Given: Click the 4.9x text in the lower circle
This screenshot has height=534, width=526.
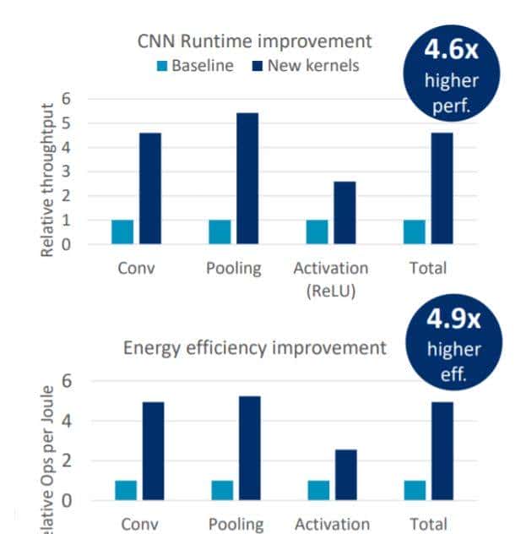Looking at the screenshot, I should pos(453,320).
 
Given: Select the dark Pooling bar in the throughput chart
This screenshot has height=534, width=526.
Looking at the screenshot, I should pos(247,178).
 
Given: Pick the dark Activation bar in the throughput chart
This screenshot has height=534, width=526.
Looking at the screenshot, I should pos(344,213).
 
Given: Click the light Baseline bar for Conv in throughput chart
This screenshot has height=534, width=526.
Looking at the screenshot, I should pos(122,232).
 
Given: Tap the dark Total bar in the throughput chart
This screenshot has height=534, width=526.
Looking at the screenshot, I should pos(442,188).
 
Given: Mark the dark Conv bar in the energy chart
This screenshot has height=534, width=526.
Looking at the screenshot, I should pos(152,451).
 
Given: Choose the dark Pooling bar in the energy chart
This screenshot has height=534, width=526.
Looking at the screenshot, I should pos(249,448).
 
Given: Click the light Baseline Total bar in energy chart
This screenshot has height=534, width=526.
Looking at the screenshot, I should pos(415,491).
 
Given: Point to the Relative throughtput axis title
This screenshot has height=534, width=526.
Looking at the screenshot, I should pos(48,180).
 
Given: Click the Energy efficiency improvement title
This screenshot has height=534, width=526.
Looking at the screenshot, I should pos(254,347).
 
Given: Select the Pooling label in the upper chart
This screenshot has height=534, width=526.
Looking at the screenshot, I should pos(234,269).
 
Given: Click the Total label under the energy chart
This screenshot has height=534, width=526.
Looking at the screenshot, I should pos(426,524).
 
